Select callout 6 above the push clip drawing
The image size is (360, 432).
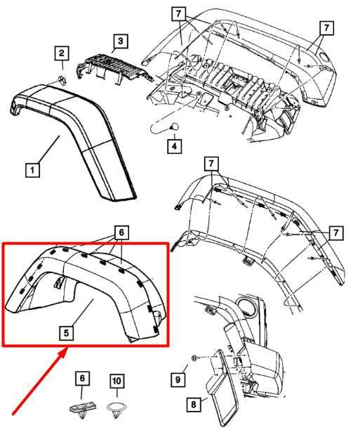pos(81,379)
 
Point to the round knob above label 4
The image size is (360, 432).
pos(172,126)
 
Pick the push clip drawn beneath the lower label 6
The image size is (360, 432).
pos(81,405)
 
